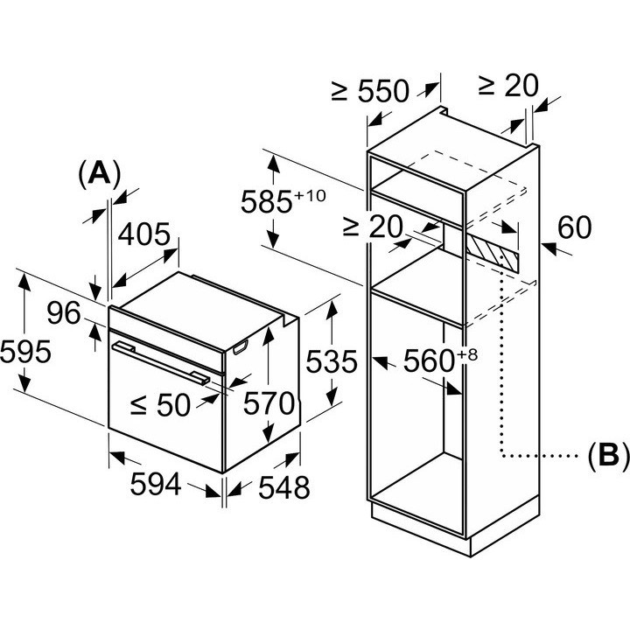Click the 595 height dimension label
coord(25,352)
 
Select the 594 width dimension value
coord(156,484)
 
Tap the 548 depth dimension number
coord(283,487)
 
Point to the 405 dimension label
coord(143,234)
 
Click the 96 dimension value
coord(64,313)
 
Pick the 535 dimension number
coord(331,361)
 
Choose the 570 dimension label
coord(269,403)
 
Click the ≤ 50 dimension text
coord(160,404)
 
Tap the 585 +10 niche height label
coord(283,201)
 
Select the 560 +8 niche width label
coord(440,360)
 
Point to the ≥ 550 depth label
coord(370,91)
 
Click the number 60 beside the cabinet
coord(575,227)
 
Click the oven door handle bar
coord(161,362)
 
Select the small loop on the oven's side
coord(241,347)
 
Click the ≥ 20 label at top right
coord(508,86)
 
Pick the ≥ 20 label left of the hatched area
coord(373,227)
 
